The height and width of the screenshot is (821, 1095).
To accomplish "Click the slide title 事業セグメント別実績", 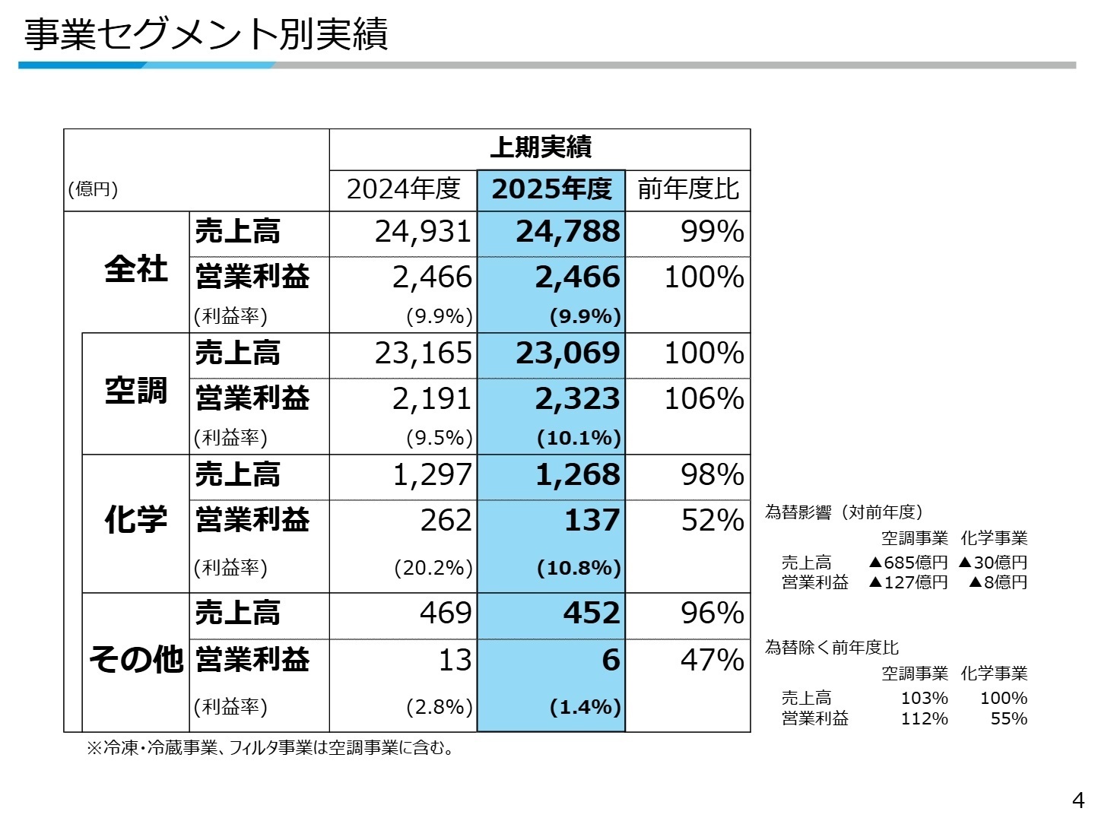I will tap(206, 34).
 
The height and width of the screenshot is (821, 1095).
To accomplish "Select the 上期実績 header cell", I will tap(540, 147).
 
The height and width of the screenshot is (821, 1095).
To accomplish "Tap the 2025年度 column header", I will tap(551, 189).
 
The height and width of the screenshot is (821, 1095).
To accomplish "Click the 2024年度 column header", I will tap(403, 189).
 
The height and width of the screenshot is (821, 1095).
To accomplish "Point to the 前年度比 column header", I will tap(687, 189).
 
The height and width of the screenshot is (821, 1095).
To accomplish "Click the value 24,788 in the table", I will tap(567, 232).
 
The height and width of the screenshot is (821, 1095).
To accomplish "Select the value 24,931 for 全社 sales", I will tap(423, 232).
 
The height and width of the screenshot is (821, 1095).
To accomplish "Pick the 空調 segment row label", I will tap(135, 391).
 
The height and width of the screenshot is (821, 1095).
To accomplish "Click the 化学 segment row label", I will tap(135, 521).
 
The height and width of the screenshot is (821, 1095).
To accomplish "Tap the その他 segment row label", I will tap(135, 659).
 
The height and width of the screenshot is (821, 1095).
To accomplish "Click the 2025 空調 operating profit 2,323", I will tap(577, 399).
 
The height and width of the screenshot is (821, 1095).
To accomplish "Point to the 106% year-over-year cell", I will tap(703, 399).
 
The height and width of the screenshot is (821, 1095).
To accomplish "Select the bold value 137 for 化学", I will tap(592, 521).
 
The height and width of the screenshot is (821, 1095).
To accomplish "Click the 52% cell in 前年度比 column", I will tap(712, 521).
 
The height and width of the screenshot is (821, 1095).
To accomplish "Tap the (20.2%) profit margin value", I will tap(433, 568).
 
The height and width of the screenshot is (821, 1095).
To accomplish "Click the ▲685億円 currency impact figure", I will tap(908, 563).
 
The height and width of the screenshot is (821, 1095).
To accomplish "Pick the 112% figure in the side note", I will tap(924, 718).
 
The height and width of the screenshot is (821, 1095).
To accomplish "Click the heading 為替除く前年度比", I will tap(831, 648).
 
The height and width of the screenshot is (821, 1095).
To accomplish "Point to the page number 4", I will tap(1078, 800).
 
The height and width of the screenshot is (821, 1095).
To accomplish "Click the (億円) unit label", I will tap(93, 189).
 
